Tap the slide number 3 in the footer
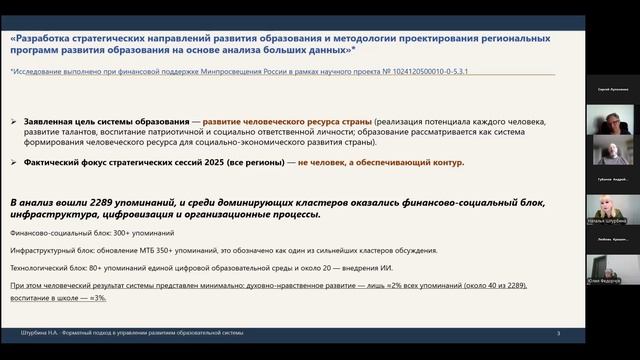558,333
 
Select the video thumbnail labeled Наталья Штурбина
610,205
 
